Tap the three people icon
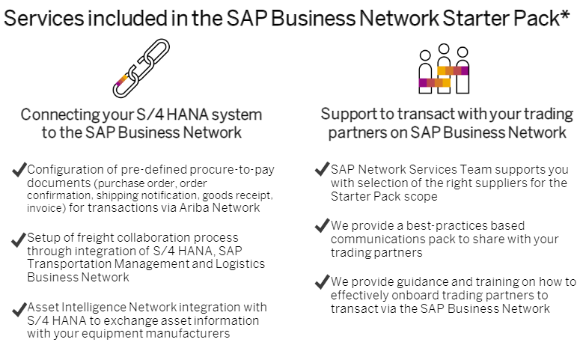(444, 69)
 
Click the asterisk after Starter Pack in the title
(565, 16)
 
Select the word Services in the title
(43, 18)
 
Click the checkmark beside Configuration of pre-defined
(19, 169)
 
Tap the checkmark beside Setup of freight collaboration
(19, 240)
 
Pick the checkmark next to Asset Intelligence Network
(19, 309)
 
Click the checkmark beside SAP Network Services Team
(322, 169)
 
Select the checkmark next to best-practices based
(322, 225)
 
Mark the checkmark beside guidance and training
(322, 281)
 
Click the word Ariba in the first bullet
(194, 207)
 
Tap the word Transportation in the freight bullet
(69, 264)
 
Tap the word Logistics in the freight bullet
(240, 264)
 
